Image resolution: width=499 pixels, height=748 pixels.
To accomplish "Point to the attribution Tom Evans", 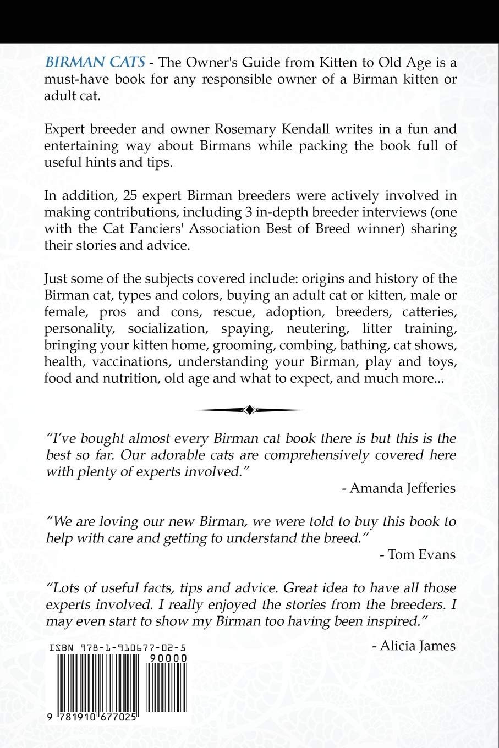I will pos(418,554).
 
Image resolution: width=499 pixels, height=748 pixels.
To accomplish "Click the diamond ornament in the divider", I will pos(250,410).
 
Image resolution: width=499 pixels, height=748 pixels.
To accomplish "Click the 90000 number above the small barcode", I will pos(169,658).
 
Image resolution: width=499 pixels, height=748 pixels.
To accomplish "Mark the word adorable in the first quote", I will pos(179,455).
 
